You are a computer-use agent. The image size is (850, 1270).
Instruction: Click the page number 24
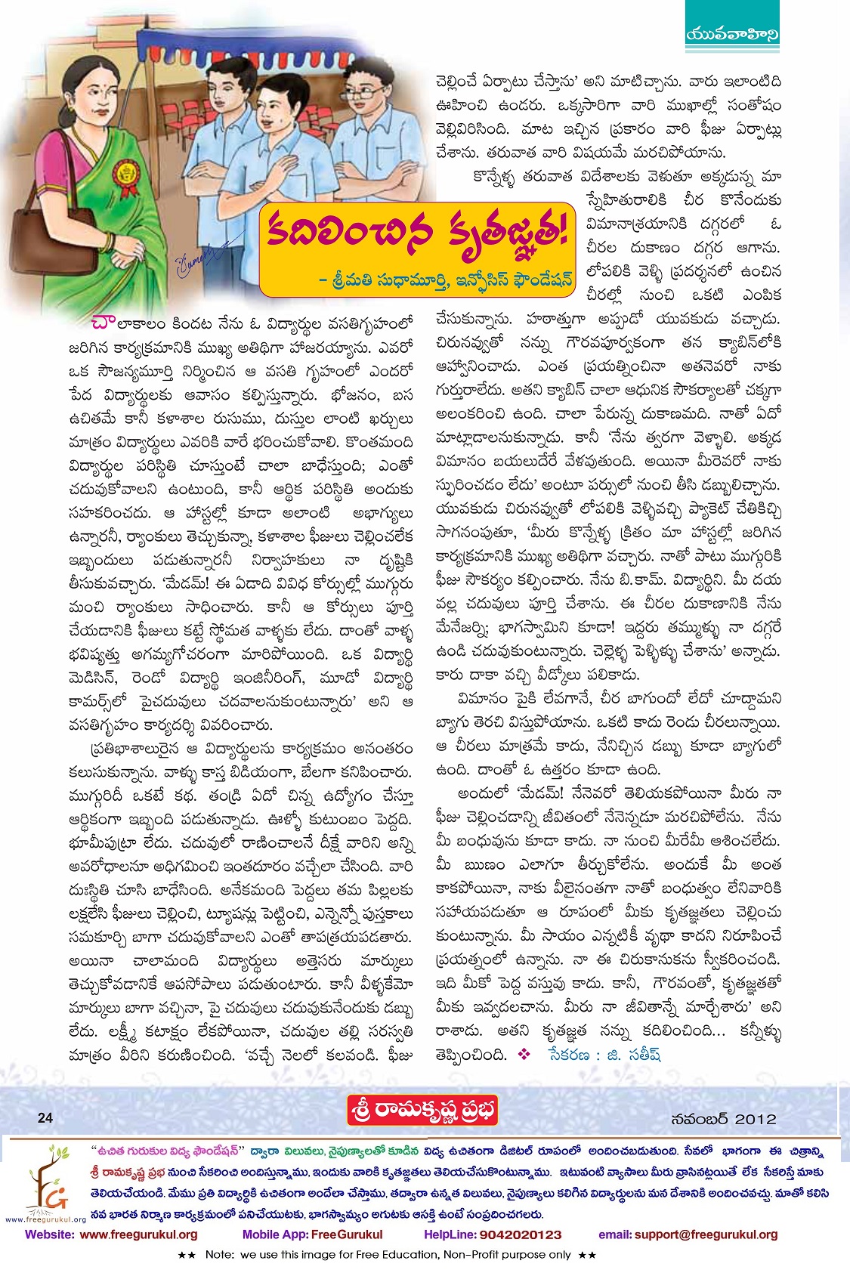(45, 1117)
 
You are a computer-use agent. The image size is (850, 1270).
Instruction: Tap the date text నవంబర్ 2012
(723, 1118)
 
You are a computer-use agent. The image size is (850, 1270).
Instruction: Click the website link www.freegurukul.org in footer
(111, 1234)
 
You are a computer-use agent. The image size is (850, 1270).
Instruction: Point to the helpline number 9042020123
(493, 1234)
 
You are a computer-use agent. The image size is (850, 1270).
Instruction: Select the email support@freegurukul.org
(688, 1234)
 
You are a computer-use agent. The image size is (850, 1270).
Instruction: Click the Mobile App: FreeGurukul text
(312, 1234)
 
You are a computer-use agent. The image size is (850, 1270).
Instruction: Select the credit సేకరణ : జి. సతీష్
(604, 1055)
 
